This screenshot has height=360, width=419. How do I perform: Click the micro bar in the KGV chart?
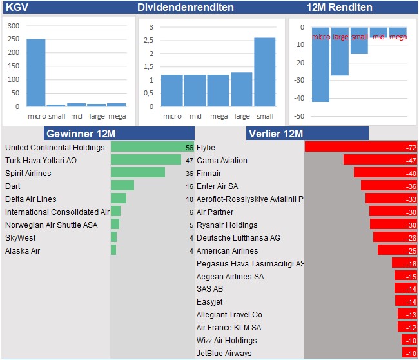point(36,72)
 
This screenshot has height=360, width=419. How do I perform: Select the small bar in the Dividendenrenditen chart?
point(264,72)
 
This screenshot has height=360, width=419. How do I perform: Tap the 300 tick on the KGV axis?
point(14,26)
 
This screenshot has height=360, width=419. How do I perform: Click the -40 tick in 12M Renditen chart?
point(298,98)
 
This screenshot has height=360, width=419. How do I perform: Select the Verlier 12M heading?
point(275,134)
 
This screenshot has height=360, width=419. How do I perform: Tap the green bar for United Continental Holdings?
point(152,147)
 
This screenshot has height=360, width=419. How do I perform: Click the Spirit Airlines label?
point(28,173)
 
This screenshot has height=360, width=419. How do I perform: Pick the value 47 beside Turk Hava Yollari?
point(189,160)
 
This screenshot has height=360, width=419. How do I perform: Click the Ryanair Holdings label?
point(227,225)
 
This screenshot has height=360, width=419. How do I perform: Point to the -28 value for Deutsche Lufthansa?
point(411,237)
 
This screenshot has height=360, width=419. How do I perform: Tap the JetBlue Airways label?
point(224,354)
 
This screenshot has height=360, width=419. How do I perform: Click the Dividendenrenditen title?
point(186,7)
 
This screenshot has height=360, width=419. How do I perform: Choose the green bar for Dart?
point(122,186)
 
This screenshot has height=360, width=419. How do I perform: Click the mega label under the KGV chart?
point(117,116)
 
